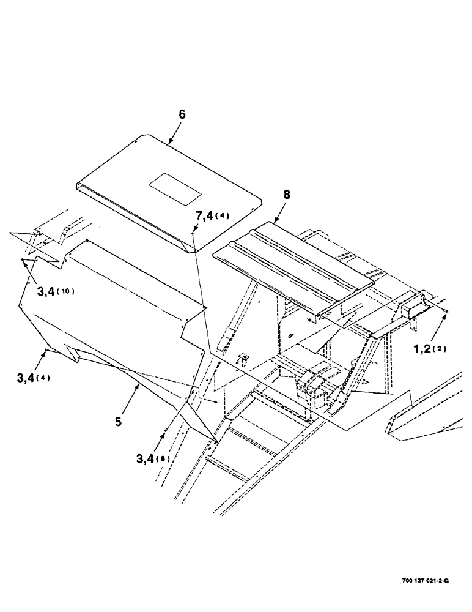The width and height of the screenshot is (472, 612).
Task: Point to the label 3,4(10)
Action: pos(55,292)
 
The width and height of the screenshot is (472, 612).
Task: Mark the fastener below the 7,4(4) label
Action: pos(193,233)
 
